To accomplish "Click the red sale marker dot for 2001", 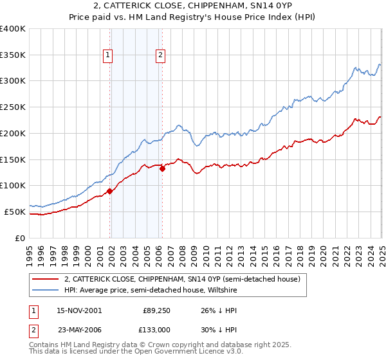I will pyautogui.click(x=110, y=191).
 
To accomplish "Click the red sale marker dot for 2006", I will pyautogui.click(x=163, y=168).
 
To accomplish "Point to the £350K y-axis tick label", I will pyautogui.click(x=12, y=55).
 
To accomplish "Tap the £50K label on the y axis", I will pyautogui.click(x=15, y=212).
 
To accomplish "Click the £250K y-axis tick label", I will pyautogui.click(x=12, y=107).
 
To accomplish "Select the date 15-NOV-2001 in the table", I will pyautogui.click(x=79, y=310).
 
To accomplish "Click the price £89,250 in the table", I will pyautogui.click(x=156, y=310).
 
